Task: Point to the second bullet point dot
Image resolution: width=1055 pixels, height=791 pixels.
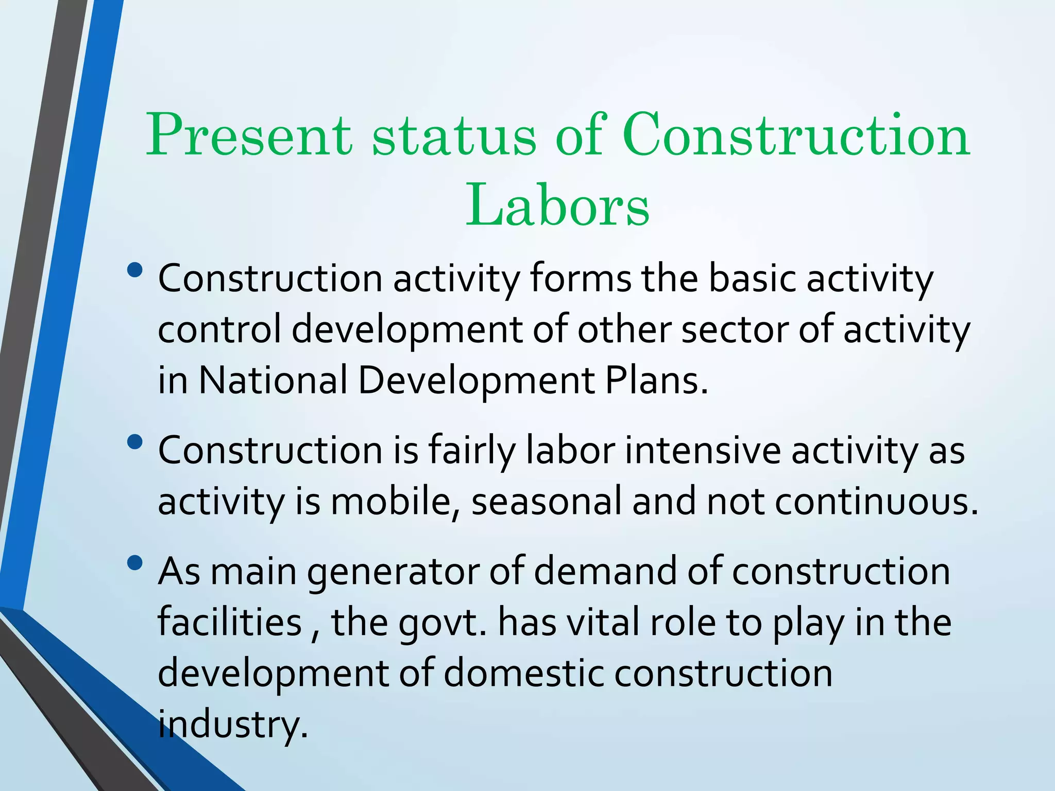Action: point(135,442)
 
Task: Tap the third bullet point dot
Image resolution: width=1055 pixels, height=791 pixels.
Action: point(135,563)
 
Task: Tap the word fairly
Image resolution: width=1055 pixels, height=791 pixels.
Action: point(471,451)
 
